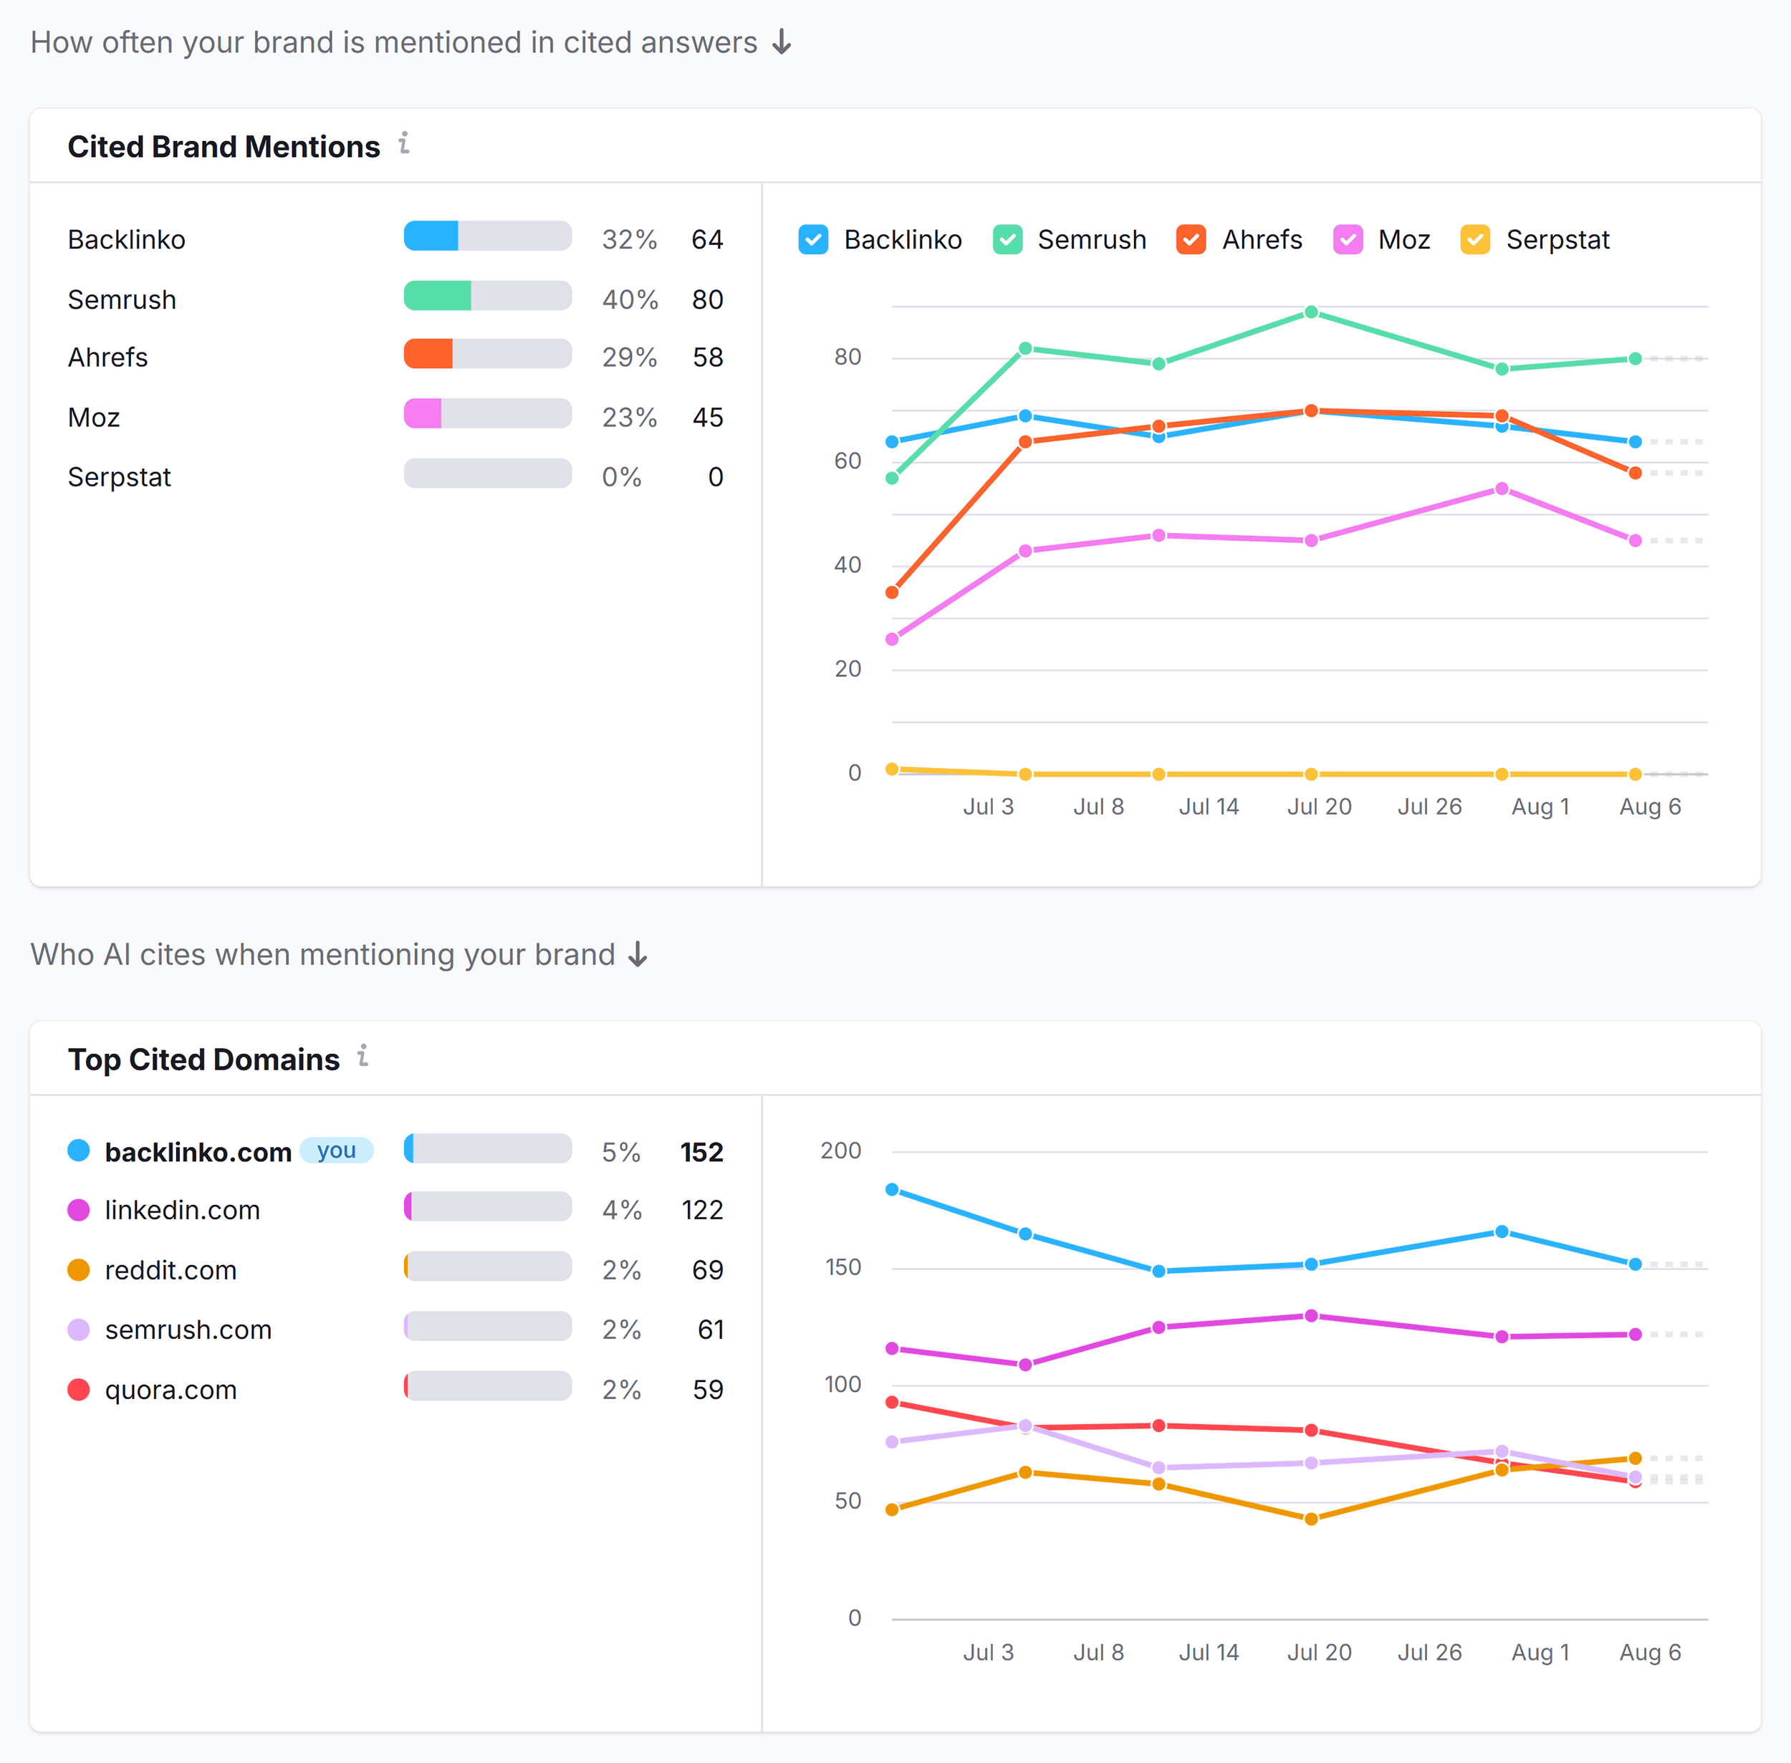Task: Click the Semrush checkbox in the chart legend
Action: pos(1007,240)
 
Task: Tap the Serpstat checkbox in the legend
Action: pos(1475,240)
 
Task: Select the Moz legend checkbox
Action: pos(1348,240)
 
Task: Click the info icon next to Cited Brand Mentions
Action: pos(404,143)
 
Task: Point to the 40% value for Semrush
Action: pos(630,300)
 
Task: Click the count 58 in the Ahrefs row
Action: pos(708,357)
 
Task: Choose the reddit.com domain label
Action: pos(171,1269)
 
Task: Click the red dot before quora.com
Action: pos(79,1389)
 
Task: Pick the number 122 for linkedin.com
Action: pos(702,1210)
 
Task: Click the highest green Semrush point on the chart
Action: pos(1310,312)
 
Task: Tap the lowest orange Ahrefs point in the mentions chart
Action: pos(892,592)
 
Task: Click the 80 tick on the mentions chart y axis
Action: pos(848,357)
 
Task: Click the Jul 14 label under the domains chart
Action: pos(1209,1652)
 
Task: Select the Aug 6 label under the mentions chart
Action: pos(1649,807)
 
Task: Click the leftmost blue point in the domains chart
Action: pos(892,1189)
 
